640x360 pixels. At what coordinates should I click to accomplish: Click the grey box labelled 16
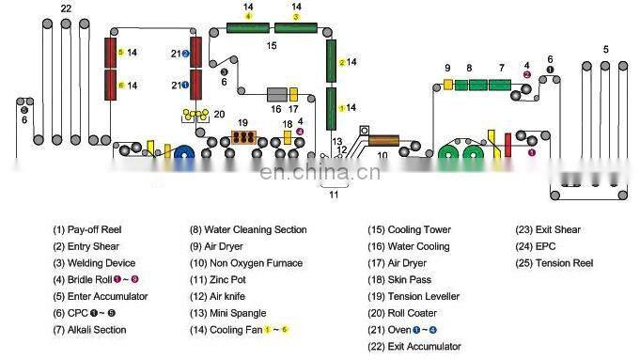pos(277,94)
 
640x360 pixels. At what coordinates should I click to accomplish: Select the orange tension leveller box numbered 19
pos(244,137)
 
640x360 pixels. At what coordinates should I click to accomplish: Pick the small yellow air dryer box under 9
pos(448,85)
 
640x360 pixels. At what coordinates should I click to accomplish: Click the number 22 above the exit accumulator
pos(65,8)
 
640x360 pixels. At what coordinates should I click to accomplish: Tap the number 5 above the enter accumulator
pos(605,48)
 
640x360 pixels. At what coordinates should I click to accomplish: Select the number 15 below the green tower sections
pos(271,44)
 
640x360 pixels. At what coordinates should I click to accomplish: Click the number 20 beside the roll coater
pos(219,115)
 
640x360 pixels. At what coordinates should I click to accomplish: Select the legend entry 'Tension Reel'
pos(565,263)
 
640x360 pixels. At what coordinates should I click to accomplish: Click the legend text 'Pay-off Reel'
pos(90,229)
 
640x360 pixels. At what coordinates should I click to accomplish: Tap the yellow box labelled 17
pos(293,94)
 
